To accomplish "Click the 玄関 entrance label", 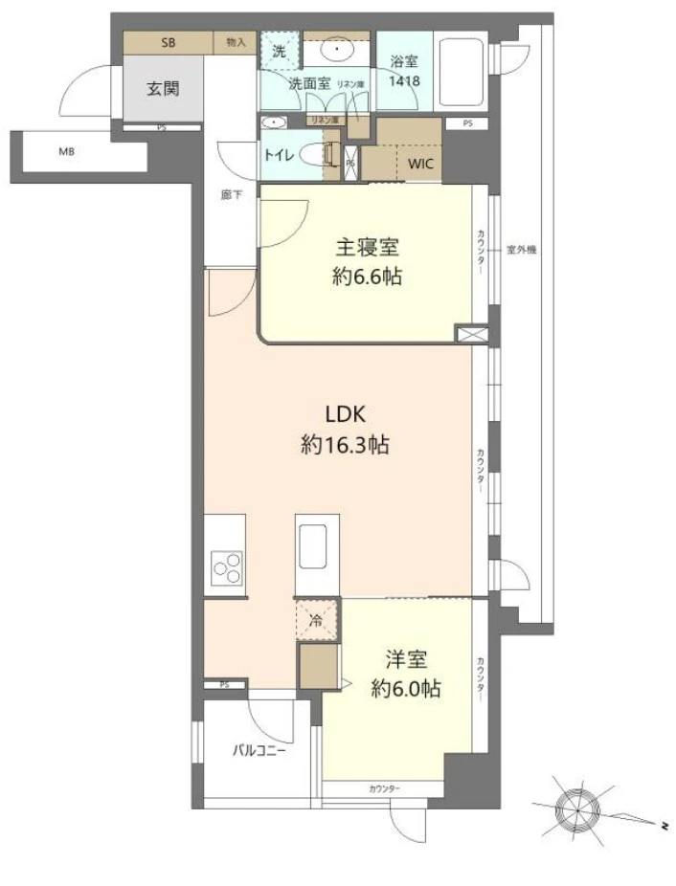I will tap(162, 89).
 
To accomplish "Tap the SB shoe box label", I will tap(168, 42).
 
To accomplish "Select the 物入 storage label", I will tap(236, 42).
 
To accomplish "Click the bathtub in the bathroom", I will tap(462, 73).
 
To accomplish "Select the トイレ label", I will tap(278, 153).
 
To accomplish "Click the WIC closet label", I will tap(420, 164).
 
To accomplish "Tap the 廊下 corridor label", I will tap(230, 194).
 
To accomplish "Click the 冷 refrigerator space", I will tap(316, 618).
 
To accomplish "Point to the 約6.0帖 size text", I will tap(406, 688).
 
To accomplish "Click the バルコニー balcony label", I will tap(259, 750).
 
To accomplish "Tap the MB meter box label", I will tap(66, 151).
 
